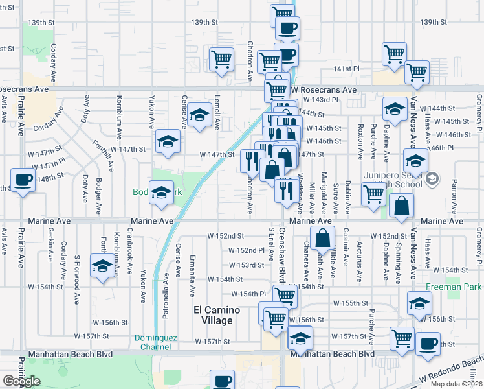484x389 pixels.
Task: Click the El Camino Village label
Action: [217, 315]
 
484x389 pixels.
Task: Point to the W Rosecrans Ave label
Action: [324, 90]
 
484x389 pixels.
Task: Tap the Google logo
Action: [21, 381]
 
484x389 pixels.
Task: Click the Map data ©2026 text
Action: [456, 384]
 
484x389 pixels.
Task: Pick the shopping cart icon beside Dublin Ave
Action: [373, 193]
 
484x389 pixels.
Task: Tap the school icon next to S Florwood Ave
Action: [102, 266]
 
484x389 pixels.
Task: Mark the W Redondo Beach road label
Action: [451, 370]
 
